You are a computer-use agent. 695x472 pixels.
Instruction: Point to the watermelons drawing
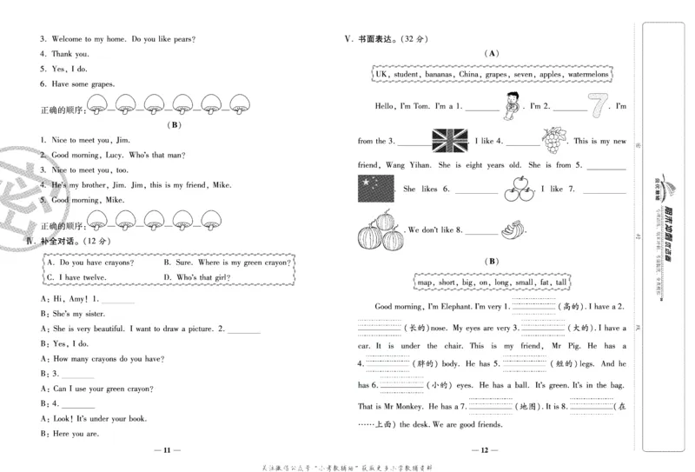pos(381,232)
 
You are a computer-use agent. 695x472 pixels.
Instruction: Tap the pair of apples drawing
pos(518,188)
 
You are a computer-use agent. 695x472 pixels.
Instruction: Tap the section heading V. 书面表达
pos(382,38)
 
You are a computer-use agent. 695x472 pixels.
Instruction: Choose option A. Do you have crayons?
pos(90,262)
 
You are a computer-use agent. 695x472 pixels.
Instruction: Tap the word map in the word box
pos(424,283)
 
